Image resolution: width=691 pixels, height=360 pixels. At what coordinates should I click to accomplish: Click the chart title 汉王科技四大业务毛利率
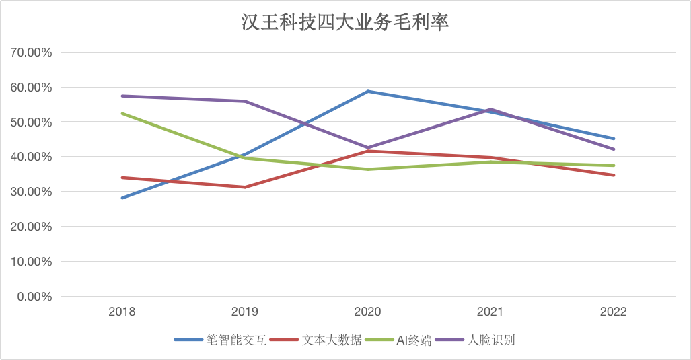tap(344, 23)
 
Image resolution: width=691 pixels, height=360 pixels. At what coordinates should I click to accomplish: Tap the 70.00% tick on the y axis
tap(29, 52)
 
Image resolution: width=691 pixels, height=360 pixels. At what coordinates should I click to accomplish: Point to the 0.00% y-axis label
tap(32, 297)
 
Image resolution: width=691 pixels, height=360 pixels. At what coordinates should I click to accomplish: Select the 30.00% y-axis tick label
tap(29, 192)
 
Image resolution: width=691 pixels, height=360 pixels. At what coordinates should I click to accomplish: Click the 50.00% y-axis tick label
tap(29, 122)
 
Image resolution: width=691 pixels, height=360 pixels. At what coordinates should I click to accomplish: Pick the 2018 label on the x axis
tap(122, 312)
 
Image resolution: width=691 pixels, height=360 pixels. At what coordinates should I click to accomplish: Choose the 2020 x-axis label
tap(367, 312)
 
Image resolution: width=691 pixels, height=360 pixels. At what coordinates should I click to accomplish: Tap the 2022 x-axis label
tap(614, 312)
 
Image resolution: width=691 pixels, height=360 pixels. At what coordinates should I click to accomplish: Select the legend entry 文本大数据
tap(332, 340)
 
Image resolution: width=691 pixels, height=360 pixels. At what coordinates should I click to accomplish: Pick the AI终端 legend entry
tap(409, 340)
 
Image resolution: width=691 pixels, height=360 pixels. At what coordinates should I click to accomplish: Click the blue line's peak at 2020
tap(368, 91)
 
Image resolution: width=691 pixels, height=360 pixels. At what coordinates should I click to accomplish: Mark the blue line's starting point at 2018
tap(122, 198)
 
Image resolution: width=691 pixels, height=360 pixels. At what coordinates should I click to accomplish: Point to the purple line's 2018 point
tap(122, 96)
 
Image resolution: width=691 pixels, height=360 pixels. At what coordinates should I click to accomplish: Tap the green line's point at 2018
tap(122, 113)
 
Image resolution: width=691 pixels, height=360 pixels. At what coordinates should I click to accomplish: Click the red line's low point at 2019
tap(245, 187)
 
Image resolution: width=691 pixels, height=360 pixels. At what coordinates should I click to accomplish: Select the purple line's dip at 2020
tap(368, 147)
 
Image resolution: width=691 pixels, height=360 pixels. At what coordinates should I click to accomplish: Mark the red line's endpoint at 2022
tap(614, 175)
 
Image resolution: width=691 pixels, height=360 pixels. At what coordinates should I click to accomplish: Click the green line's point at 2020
tap(368, 169)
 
